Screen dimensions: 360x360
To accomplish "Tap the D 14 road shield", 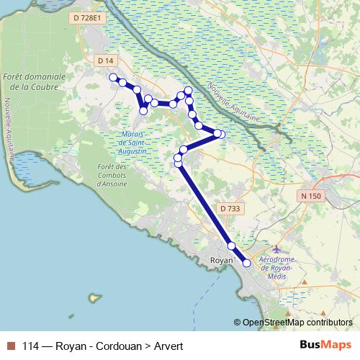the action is (x=105, y=60).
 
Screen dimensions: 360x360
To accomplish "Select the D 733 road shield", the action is (x=229, y=208).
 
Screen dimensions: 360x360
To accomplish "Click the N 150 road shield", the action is (x=311, y=195).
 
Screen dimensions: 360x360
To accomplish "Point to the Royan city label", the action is (x=221, y=260).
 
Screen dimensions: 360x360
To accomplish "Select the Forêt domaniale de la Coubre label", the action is (x=34, y=81).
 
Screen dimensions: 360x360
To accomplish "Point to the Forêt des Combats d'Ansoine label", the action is (x=111, y=175).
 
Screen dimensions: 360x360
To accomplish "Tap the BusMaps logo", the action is (x=326, y=346).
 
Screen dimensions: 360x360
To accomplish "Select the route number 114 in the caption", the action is (x=31, y=346).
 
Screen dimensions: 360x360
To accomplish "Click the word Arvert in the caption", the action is (x=168, y=346).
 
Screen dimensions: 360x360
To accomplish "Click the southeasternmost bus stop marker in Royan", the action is (x=247, y=264).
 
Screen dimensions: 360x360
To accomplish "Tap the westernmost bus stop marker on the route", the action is (x=113, y=77).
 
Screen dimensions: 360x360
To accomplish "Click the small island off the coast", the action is (x=93, y=297).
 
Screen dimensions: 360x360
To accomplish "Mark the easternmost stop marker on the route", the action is (x=222, y=135).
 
